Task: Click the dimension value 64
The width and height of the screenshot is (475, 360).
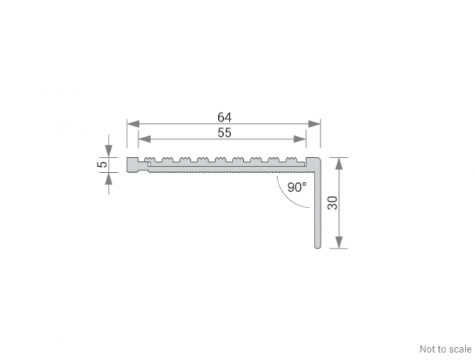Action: [x=225, y=117]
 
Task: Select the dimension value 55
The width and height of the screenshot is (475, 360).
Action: [x=225, y=132]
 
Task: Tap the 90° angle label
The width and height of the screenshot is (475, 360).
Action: [x=297, y=187]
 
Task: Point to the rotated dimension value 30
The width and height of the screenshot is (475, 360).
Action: [x=332, y=203]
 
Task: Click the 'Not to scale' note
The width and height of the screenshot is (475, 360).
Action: [x=445, y=349]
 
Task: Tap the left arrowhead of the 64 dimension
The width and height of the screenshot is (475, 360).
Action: [x=133, y=124]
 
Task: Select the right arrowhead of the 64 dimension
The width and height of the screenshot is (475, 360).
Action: [x=314, y=124]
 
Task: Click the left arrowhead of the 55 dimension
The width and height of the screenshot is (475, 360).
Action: [x=145, y=139]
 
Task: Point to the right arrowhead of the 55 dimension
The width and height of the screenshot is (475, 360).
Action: [x=300, y=139]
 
